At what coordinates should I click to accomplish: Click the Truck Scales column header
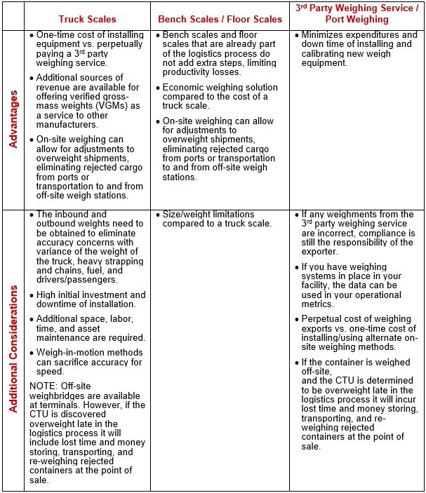point(87,19)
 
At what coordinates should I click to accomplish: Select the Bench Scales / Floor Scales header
point(219,19)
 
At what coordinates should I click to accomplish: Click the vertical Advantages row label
point(13,119)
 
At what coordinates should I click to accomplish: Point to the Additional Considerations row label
point(13,351)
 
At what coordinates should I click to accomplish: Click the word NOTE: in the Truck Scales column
point(43,386)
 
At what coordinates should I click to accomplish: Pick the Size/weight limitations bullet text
point(208,215)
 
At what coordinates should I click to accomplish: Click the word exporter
point(321,252)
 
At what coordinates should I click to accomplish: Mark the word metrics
point(317,304)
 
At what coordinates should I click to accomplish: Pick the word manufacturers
point(67,125)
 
